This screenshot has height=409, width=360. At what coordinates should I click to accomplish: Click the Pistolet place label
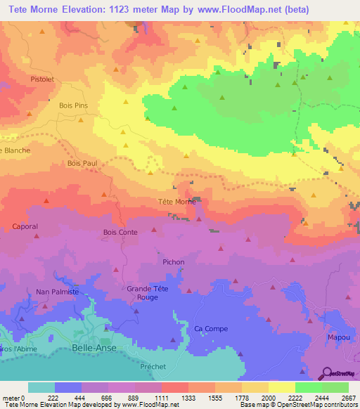point(42,79)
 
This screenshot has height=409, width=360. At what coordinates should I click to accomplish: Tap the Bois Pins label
point(74,105)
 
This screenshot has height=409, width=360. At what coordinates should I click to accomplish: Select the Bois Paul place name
point(82,163)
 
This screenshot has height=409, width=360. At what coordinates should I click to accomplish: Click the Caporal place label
point(25,226)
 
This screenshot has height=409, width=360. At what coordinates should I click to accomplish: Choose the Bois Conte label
point(120,232)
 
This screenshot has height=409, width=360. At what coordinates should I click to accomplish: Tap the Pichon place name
point(173,262)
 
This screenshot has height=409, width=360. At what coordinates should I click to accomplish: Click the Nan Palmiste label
point(57,291)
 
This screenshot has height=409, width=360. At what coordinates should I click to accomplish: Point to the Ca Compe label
point(208,328)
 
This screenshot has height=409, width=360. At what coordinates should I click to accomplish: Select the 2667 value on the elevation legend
point(349,397)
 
